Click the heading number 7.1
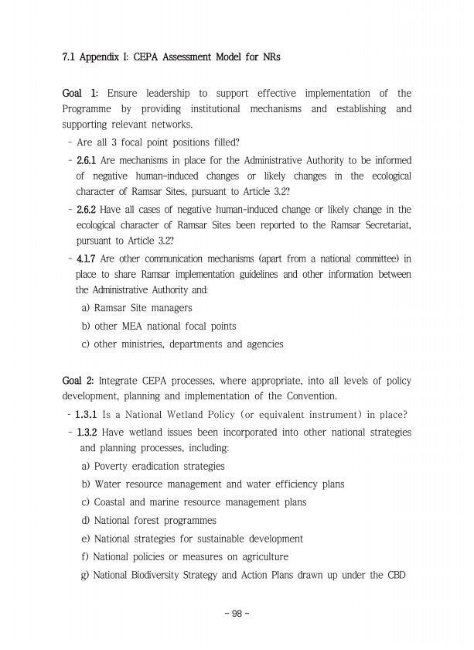click(68, 57)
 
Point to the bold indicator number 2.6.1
click(85, 161)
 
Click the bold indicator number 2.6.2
click(85, 210)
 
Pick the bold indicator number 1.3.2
click(85, 432)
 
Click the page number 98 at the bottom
click(237, 614)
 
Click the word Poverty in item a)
click(113, 467)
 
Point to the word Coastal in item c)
click(113, 502)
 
